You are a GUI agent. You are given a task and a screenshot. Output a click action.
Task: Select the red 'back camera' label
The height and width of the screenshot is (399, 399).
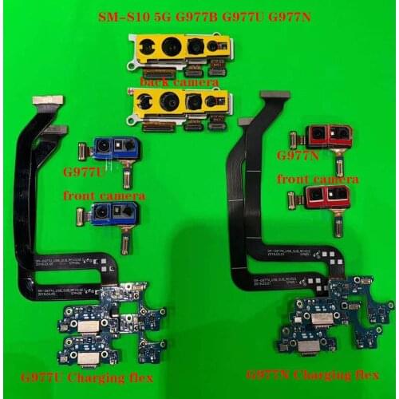[x=179, y=81]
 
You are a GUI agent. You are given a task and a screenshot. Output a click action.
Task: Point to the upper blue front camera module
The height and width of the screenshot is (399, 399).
[x=116, y=148]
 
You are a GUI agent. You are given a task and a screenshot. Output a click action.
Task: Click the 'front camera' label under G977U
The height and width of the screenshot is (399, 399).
[x=104, y=195]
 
